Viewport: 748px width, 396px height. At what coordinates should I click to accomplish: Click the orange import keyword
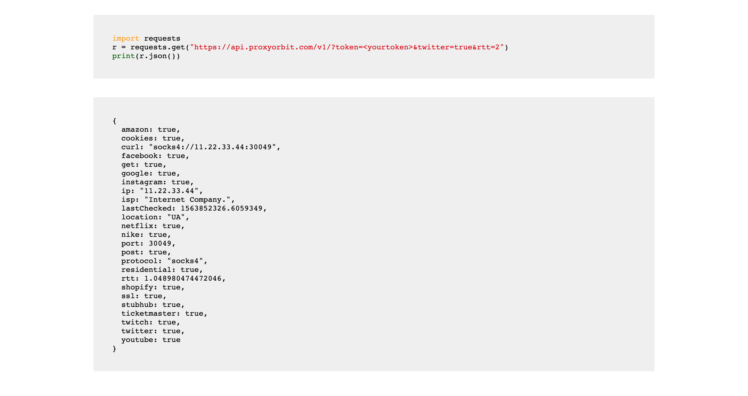126,39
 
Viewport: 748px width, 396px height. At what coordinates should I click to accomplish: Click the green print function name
123,56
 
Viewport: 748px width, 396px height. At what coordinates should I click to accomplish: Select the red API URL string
347,47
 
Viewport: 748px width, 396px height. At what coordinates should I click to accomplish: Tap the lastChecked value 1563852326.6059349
221,209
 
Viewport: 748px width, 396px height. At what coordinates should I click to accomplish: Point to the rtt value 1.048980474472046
183,279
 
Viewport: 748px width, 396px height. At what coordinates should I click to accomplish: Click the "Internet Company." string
187,200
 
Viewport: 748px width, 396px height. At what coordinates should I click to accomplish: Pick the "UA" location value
176,217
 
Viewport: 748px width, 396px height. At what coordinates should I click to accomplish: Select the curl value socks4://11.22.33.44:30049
212,147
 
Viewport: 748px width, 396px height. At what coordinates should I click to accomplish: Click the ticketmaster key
148,314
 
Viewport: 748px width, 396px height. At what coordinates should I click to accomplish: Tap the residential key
146,270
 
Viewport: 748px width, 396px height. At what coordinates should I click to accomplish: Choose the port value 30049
160,244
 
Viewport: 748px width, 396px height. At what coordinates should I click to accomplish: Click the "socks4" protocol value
185,261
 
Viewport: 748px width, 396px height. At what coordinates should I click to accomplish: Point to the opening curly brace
115,121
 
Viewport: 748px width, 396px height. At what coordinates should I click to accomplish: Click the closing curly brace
115,349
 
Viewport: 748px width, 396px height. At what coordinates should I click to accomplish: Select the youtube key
137,340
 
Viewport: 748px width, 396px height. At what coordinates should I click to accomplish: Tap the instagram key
142,182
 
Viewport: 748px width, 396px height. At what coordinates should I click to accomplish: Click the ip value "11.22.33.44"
169,191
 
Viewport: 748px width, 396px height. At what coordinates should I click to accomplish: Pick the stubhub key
137,305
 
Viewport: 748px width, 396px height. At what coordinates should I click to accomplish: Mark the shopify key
137,287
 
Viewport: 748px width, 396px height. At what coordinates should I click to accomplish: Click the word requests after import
162,39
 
